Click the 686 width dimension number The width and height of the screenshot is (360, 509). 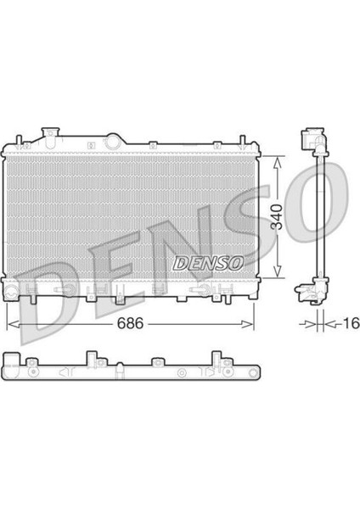tap(130, 322)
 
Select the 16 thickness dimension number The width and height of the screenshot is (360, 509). tap(352, 323)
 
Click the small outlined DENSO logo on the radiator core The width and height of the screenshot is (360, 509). tap(208, 263)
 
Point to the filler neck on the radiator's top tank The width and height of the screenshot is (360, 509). tap(50, 137)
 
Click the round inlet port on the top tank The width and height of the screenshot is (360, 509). tap(113, 142)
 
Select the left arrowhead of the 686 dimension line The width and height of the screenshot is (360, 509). tap(14, 324)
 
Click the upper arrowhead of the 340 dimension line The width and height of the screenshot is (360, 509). tap(277, 162)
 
